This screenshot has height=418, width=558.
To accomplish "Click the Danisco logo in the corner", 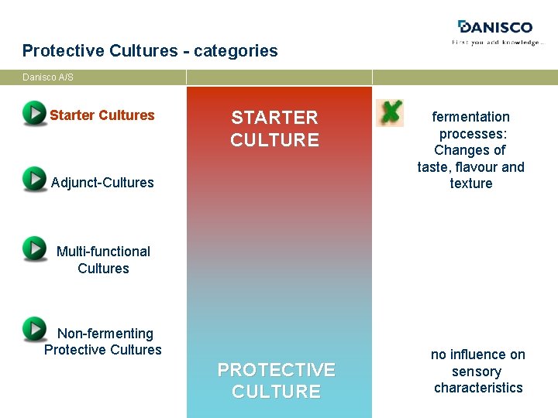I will (497, 28).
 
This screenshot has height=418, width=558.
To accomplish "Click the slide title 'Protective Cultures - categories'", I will (150, 51).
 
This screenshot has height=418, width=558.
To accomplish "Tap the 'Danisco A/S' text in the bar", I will (48, 77).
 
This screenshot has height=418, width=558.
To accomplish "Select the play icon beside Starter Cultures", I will (34, 113).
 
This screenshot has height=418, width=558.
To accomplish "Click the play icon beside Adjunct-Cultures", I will (34, 179).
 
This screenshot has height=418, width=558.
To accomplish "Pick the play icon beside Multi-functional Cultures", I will (34, 248).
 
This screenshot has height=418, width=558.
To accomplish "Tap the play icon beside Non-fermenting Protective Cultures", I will (34, 329).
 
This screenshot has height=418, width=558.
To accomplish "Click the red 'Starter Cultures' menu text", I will (102, 115).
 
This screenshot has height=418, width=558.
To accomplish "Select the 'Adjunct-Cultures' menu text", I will (102, 183).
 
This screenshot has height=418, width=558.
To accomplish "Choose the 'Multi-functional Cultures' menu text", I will (103, 260).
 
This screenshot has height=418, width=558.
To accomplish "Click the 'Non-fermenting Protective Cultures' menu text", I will (103, 341).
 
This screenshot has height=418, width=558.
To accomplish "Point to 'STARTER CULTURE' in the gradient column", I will (274, 128).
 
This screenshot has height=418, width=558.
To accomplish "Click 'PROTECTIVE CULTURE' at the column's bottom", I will (276, 381).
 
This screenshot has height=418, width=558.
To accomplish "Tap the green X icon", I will (390, 112).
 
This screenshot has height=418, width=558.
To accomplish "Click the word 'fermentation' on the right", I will (470, 117).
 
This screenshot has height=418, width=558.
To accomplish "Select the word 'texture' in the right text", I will (470, 183).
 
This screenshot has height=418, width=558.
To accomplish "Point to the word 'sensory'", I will (478, 372).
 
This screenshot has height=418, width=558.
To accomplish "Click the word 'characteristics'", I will (478, 388).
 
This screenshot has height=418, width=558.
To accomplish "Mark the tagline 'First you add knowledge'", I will (497, 43).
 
